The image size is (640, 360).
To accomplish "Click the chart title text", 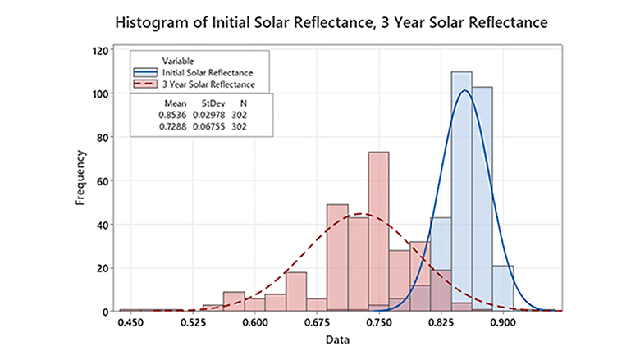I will (x=319, y=22).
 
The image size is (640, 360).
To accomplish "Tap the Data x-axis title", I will (x=337, y=339).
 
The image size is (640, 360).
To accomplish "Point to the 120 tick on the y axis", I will (x=102, y=50).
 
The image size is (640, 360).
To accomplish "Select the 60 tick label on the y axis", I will (x=104, y=180).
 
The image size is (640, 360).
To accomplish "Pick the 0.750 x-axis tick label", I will (x=378, y=322).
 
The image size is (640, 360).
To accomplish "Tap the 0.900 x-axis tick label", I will (x=502, y=322).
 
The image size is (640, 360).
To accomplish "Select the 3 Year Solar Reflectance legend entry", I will (x=209, y=84).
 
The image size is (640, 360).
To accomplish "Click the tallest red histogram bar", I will (x=378, y=230).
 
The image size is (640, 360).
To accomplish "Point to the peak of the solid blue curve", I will (x=464, y=90).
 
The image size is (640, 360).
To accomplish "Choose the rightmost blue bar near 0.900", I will (x=503, y=288).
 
